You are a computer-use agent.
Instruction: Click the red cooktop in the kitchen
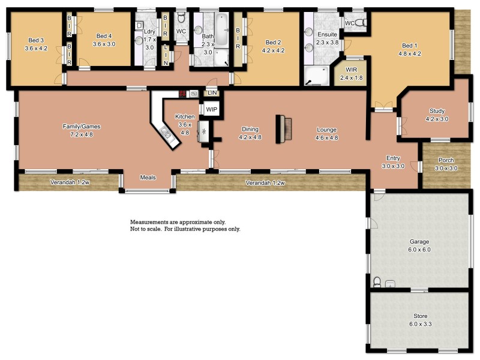[x=184, y=94]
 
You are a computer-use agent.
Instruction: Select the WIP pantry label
[x=211, y=110]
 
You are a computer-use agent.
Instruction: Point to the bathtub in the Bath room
[x=222, y=30]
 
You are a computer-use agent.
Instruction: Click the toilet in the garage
[x=377, y=281]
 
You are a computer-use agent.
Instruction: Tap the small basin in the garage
[x=390, y=283]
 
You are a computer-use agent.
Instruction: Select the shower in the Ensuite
[x=316, y=75]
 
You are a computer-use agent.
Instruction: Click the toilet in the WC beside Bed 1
[x=360, y=23]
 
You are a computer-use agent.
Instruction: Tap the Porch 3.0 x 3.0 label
[x=446, y=164]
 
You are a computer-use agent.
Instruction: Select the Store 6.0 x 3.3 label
[x=420, y=320]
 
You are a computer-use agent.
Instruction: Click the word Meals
[x=148, y=178]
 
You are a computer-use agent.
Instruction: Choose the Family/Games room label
[x=82, y=130]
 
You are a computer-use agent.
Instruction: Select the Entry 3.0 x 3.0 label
[x=394, y=162]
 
